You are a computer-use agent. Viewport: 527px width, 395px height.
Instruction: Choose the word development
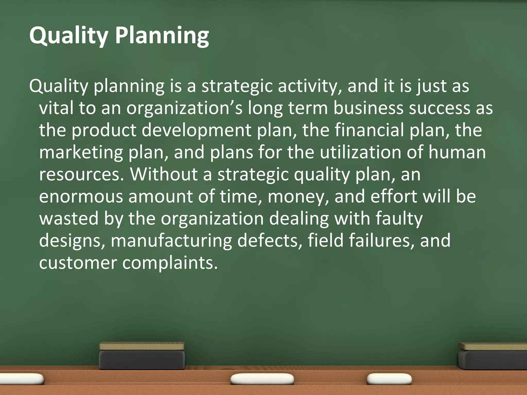pyautogui.click(x=196, y=130)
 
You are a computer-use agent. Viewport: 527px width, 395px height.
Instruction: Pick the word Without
pyautogui.click(x=164, y=174)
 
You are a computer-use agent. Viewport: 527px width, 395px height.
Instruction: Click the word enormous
pyautogui.click(x=81, y=196)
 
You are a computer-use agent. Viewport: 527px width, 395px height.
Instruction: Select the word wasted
pyautogui.click(x=69, y=219)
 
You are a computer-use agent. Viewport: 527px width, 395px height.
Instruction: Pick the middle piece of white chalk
pyautogui.click(x=262, y=379)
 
